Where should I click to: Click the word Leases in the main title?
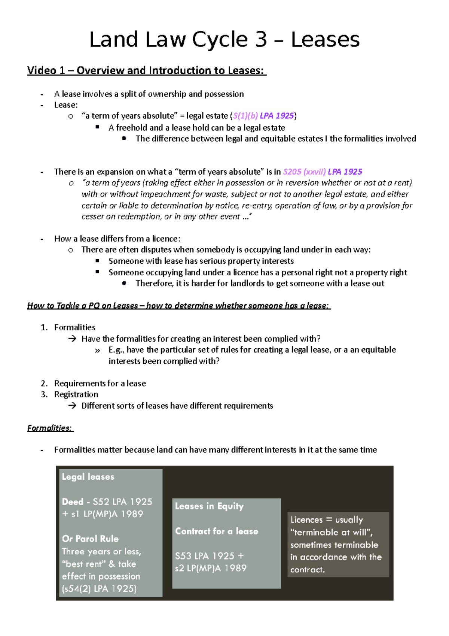coord(325,40)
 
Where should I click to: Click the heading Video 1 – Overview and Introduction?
coord(146,70)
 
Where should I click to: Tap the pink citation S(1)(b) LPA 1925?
coord(263,116)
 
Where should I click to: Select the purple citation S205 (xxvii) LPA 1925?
coord(322,172)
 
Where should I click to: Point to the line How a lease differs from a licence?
coord(117,239)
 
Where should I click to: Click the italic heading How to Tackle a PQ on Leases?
coord(178,306)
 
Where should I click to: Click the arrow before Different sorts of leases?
coord(72,406)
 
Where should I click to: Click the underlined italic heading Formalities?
coord(50,428)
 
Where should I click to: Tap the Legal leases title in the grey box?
coord(88,477)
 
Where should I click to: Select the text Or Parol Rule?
coord(90,539)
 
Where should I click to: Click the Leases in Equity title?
coord(209,506)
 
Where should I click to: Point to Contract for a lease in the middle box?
coord(216,531)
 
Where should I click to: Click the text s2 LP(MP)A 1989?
coord(211,568)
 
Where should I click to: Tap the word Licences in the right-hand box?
coord(306,520)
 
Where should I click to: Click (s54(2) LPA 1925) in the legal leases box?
coord(99,589)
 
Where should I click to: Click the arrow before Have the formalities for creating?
coord(72,339)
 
